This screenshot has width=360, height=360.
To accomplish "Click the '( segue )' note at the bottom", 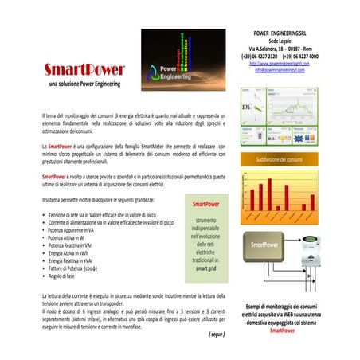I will (217, 335).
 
